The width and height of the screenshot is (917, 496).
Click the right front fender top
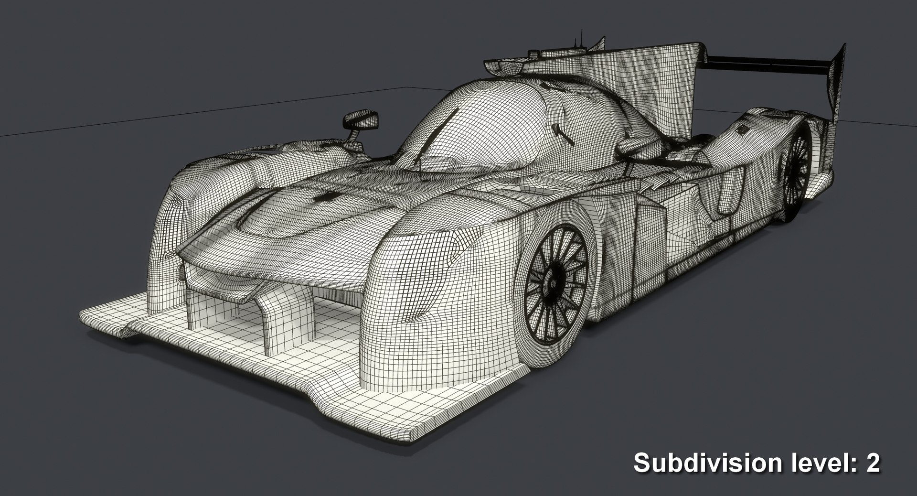[x=458, y=201]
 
